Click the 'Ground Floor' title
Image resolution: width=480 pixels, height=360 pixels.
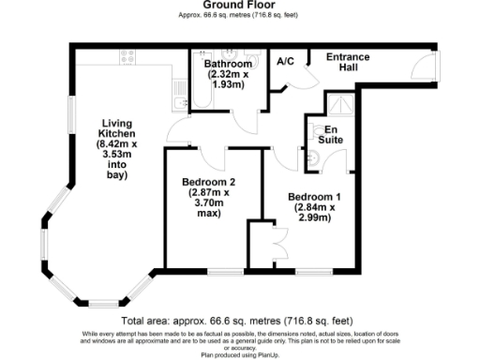[239, 6]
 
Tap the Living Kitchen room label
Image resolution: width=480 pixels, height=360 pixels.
[117, 146]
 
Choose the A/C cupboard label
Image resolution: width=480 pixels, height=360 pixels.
[286, 62]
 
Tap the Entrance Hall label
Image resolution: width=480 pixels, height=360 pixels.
[347, 63]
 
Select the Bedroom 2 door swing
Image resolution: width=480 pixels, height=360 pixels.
[212, 159]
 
